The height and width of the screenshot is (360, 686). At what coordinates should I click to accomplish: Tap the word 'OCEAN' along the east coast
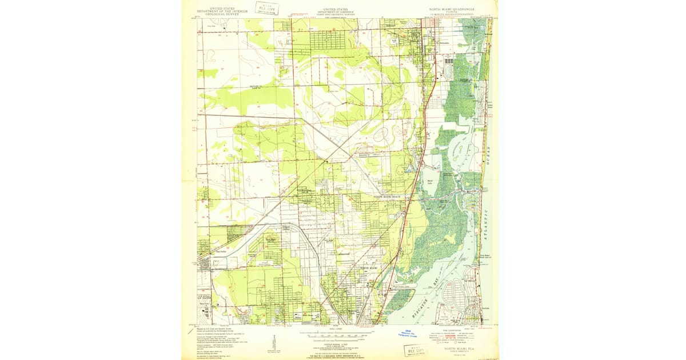tap(489, 154)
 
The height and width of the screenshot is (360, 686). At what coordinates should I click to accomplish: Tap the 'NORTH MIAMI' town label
tap(369, 268)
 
